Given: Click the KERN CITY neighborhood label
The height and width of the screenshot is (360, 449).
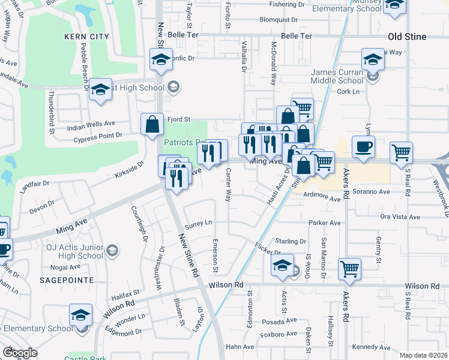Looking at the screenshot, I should pos(87,37).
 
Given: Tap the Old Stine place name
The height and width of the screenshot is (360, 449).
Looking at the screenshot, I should pos(407,37).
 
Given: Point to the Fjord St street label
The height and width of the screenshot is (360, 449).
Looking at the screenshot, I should pos(178,119).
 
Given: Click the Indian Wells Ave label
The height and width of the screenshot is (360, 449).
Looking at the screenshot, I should pos(91,124).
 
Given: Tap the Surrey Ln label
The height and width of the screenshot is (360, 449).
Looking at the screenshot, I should pos(199,223).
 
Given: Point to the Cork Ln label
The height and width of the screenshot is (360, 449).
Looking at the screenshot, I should pos(348,91).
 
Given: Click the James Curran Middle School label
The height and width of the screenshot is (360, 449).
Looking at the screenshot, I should pos(337,76).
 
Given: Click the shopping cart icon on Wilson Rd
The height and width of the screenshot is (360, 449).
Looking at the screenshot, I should pos(349,270).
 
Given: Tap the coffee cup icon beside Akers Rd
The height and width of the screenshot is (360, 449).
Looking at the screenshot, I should pos(364,148).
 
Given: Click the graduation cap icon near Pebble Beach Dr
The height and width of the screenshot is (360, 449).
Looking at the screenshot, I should pos(101,91).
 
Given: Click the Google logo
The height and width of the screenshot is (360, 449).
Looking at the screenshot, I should pos(20,353).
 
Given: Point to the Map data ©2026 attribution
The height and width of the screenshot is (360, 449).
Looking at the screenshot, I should pos(423,355).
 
